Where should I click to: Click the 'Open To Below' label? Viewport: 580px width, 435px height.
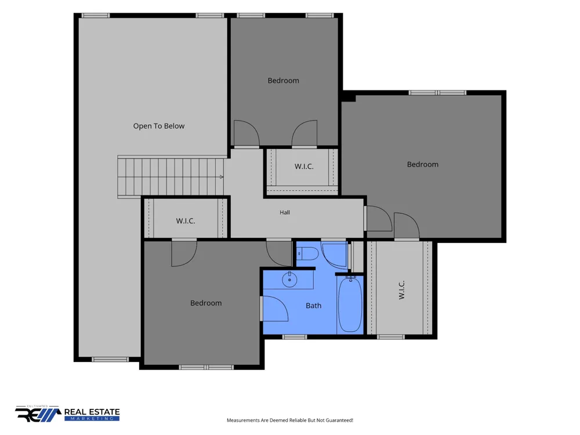point(159,126)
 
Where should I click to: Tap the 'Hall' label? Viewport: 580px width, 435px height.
point(285,212)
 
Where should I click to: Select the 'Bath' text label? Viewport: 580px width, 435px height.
point(313,306)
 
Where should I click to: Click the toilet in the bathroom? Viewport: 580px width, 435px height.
point(308,254)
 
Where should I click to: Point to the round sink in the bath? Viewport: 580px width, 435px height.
point(289,280)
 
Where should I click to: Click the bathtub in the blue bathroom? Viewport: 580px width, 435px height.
point(350,304)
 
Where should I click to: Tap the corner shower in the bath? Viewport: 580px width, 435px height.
point(334,255)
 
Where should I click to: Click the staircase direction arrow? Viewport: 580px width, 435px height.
point(221,177)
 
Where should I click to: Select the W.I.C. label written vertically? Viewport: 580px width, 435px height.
point(402,289)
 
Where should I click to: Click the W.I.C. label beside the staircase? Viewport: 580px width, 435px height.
point(186,221)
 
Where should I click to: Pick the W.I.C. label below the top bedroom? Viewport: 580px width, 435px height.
point(304,166)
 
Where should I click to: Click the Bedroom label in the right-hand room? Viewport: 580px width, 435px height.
point(423,164)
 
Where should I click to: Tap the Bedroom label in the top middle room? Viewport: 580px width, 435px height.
point(284,80)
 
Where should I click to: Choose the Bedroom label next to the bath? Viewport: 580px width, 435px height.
point(206,303)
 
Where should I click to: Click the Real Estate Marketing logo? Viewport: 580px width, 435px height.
point(67,414)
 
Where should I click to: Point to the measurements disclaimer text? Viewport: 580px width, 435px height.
point(290,420)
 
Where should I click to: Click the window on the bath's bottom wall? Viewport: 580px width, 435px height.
point(295,337)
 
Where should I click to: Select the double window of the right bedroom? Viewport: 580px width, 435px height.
point(437,92)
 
